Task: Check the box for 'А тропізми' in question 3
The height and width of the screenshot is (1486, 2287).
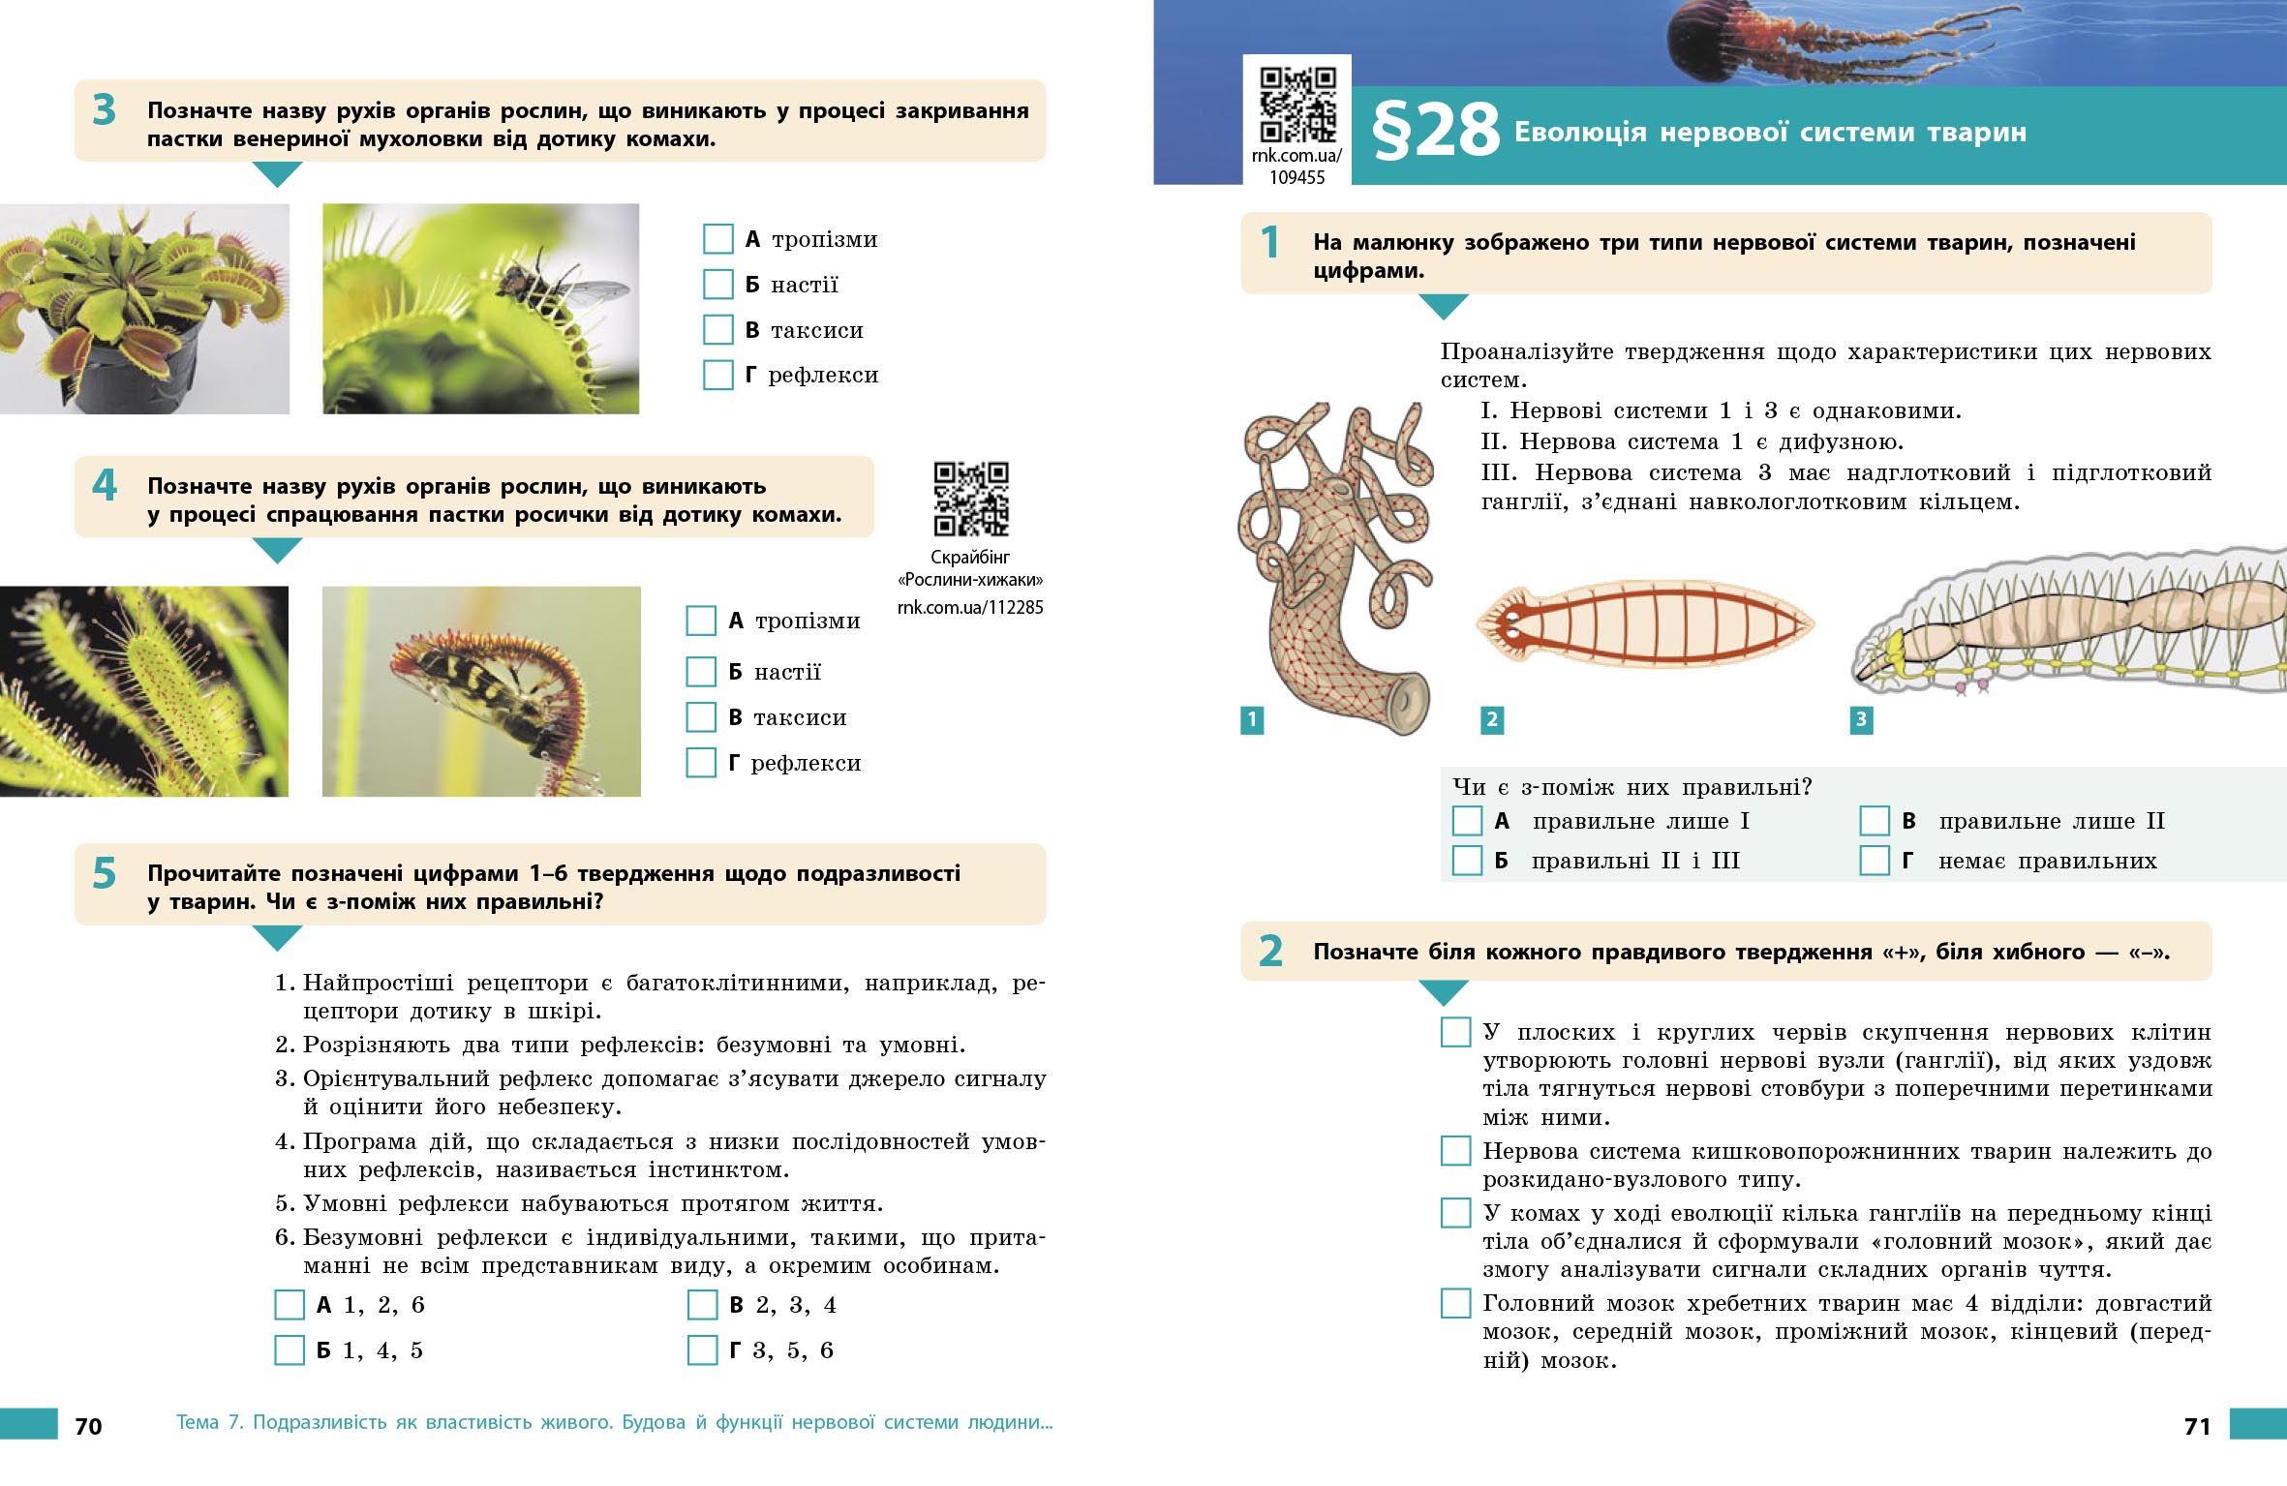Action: click(717, 239)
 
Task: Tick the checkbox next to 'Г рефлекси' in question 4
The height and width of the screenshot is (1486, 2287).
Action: click(701, 763)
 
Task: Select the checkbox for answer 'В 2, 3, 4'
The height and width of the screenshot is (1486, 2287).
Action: click(702, 1305)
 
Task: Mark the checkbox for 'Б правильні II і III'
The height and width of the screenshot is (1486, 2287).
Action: click(1467, 861)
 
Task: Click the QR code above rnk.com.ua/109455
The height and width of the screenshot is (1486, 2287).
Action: click(1297, 104)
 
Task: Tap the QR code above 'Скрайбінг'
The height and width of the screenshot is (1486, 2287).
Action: click(970, 499)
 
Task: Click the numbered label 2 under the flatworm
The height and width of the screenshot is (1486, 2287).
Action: click(1492, 719)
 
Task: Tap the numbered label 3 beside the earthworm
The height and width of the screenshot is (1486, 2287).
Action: click(1861, 719)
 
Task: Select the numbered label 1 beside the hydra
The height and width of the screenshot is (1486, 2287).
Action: click(1252, 719)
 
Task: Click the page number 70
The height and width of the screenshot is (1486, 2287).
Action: click(88, 1426)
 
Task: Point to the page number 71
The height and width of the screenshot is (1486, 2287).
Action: click(2197, 1426)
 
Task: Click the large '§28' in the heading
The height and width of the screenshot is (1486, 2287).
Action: click(1435, 133)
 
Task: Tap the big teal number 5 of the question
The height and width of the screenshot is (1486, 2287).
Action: click(105, 874)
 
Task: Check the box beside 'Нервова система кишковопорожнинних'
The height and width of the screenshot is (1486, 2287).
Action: click(1455, 1151)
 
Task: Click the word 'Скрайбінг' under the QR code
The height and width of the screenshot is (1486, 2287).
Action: click(969, 558)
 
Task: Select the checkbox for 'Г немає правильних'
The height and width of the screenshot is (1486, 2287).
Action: click(1875, 861)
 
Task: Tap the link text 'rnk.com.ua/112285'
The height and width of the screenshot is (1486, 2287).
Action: click(970, 608)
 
